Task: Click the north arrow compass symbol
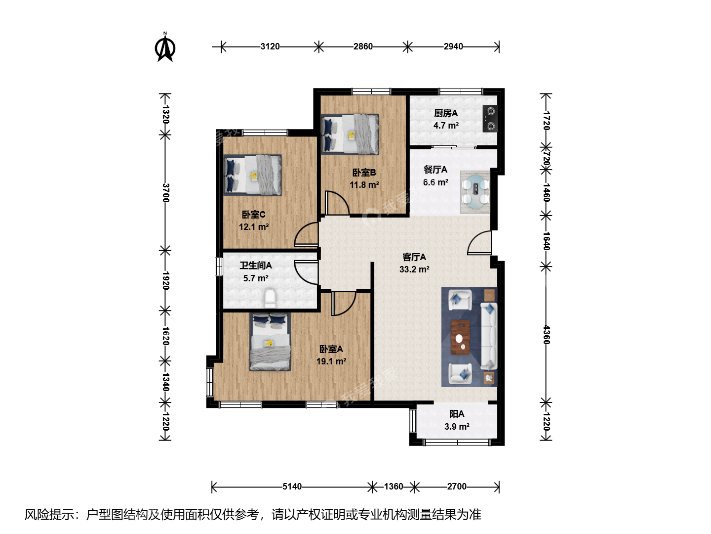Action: click(165, 47)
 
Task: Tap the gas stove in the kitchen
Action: click(490, 119)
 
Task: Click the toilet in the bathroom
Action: click(270, 298)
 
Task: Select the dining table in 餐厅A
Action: click(475, 192)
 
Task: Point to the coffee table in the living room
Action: click(460, 337)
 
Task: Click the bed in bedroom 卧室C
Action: click(252, 175)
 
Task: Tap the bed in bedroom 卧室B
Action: click(350, 134)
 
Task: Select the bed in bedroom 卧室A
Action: click(270, 342)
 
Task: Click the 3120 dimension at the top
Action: click(270, 46)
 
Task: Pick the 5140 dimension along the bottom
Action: click(292, 487)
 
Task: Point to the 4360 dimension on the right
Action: click(546, 335)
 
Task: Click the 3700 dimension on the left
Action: click(165, 193)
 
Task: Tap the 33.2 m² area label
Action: click(414, 269)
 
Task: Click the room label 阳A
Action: click(457, 414)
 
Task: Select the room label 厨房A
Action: click(446, 113)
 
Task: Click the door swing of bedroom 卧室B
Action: click(337, 203)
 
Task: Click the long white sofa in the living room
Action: click(489, 336)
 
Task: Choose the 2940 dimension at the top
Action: click(453, 46)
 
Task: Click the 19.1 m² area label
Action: click(331, 361)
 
